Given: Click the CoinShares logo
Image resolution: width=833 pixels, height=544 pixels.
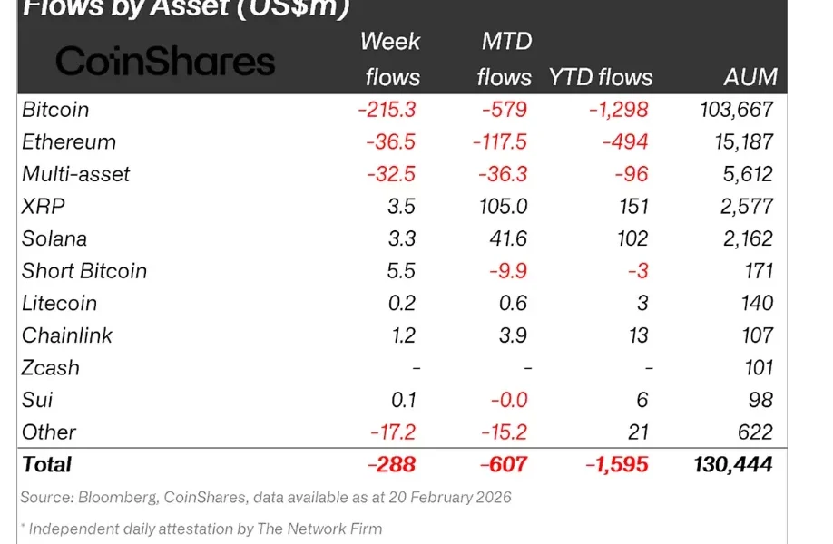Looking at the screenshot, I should [165, 62].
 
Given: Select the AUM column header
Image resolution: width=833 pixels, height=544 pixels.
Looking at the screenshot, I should [750, 77].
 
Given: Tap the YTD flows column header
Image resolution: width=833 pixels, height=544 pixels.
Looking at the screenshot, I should [600, 77].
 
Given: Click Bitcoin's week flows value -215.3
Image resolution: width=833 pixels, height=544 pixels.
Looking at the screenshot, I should [387, 110].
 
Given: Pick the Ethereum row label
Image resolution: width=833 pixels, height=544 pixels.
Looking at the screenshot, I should [69, 142].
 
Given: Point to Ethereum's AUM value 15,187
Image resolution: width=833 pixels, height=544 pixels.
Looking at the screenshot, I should [742, 142].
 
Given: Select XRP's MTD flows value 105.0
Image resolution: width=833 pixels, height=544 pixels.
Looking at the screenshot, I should [505, 207].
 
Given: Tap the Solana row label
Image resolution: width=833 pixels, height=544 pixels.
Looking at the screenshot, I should [54, 238].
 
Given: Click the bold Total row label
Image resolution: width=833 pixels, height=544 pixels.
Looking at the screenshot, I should [46, 464].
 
